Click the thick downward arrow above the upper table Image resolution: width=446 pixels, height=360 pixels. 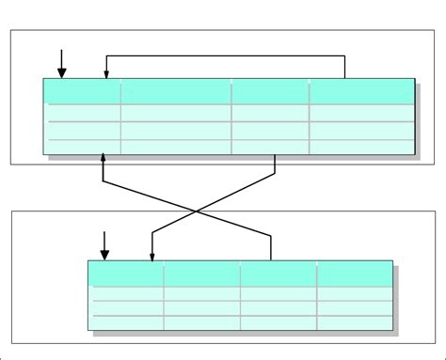pos(62,63)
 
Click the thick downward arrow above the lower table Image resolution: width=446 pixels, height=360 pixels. pos(104,244)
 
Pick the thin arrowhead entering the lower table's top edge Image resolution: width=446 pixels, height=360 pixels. pos(152,255)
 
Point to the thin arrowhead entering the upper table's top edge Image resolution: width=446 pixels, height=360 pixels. pos(106,73)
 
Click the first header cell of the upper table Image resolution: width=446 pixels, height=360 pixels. pos(83,91)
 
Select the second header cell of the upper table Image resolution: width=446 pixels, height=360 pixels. pos(176,91)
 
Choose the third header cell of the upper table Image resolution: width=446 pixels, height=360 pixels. pos(270,91)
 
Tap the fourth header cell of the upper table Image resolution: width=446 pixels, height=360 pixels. pos(361,91)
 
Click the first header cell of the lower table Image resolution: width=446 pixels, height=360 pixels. pos(126,274)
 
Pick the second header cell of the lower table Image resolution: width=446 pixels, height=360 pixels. pos(201,274)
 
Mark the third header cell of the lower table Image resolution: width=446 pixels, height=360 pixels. pos(278,274)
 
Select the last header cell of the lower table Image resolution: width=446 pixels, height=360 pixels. pos(355,274)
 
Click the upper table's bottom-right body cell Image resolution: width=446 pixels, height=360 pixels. pos(361,146)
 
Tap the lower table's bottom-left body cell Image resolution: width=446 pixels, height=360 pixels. pos(126,322)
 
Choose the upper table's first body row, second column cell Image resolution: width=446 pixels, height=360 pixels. pos(176,113)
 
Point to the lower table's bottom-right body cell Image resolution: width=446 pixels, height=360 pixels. pos(355,322)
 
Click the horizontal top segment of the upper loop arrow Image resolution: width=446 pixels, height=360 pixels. pos(226,56)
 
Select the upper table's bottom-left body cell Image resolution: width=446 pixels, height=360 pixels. pos(83,146)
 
